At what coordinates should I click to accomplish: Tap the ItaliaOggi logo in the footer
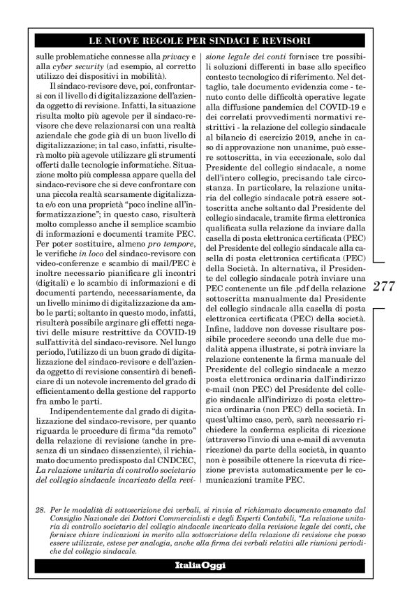click(x=202, y=583)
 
